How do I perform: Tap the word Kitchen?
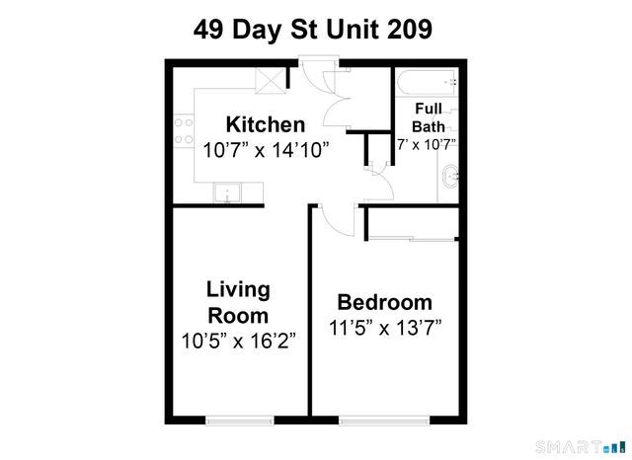(266, 125)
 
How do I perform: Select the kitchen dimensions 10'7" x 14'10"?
(266, 151)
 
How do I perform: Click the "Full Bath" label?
(429, 116)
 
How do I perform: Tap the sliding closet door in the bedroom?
(410, 237)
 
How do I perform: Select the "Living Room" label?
(238, 302)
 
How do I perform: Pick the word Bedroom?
(385, 302)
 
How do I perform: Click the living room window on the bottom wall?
(237, 420)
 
